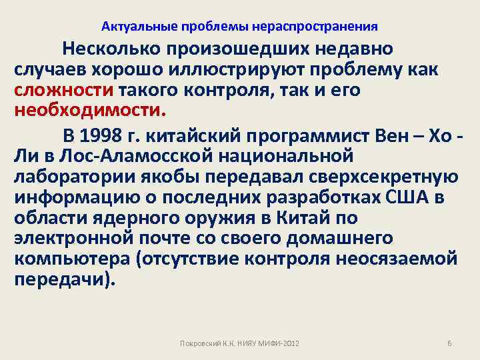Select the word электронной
(76, 239)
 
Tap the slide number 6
(449, 343)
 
